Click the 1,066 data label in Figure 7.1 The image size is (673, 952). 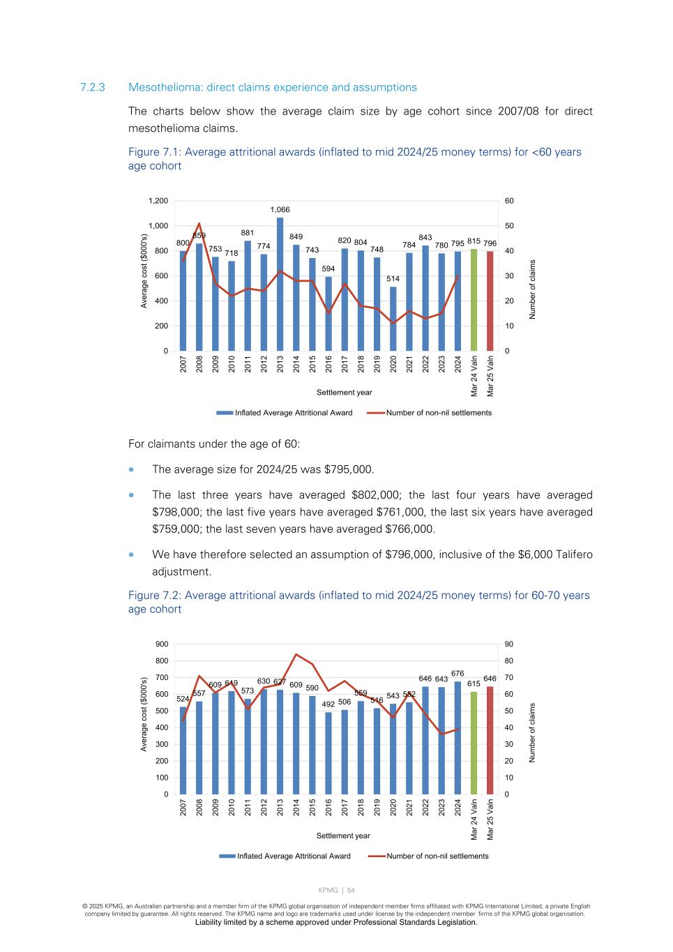coord(280,209)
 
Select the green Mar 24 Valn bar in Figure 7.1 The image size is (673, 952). coord(474,300)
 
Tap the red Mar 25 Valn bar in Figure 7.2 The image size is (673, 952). coord(490,740)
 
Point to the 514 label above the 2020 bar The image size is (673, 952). coord(393,279)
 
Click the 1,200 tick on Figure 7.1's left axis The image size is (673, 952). coord(158,201)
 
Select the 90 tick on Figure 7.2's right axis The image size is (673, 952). coord(509,644)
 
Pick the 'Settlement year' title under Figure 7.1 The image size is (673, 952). coord(344,393)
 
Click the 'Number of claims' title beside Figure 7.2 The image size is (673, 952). coord(532,732)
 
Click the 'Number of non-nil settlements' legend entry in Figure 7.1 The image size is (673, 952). coord(439,413)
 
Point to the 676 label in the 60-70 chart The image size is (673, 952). coord(458,673)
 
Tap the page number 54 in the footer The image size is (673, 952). coord(351,890)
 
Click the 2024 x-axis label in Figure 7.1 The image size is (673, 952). coord(458,364)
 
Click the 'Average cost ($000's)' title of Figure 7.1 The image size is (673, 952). coord(144,271)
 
